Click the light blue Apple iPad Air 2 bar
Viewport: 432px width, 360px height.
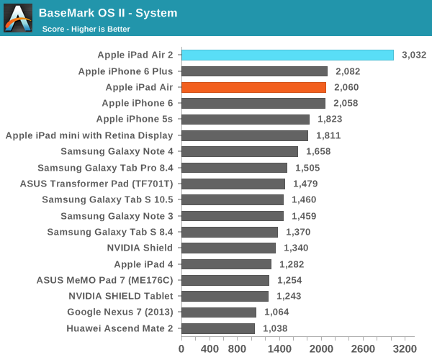click(x=287, y=55)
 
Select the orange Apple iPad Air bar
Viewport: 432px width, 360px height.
click(x=253, y=87)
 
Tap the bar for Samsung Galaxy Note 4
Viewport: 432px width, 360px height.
click(x=239, y=151)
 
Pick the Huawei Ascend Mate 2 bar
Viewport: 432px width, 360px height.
click(x=217, y=328)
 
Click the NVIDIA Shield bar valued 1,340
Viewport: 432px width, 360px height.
click(x=228, y=248)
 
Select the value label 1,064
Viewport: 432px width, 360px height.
click(x=277, y=312)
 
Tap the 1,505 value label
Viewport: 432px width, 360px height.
click(x=308, y=168)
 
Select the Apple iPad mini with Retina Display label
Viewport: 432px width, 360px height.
click(x=89, y=135)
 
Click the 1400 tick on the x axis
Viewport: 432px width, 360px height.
click(x=279, y=348)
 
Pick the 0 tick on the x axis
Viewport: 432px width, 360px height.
click(x=181, y=348)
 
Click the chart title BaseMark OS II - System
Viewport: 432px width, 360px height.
click(x=108, y=13)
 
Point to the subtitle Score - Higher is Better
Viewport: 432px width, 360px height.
click(x=87, y=29)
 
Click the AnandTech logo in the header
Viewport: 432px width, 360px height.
click(x=18, y=18)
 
